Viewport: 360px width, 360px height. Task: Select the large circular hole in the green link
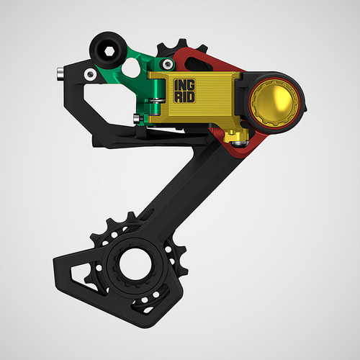tap(132, 67)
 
